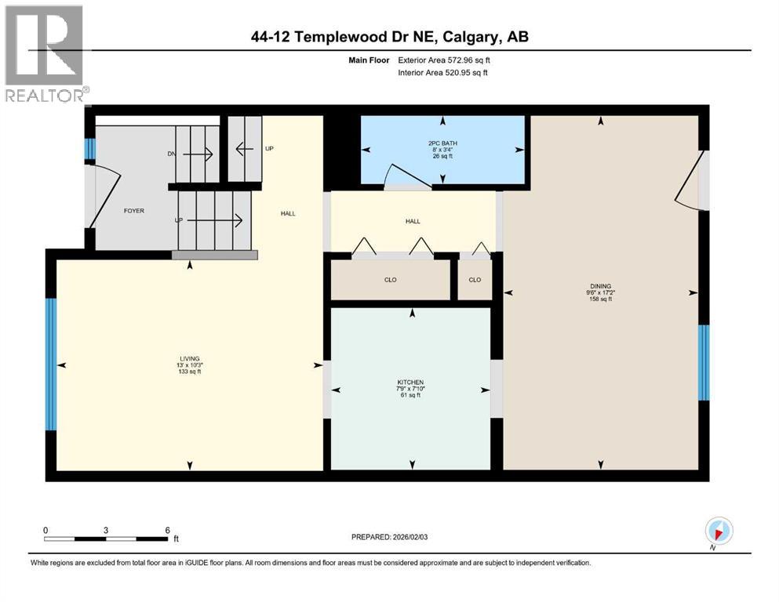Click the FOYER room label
click(133, 211)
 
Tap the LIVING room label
click(189, 358)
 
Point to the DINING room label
click(600, 286)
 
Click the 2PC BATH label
click(442, 143)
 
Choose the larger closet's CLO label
click(390, 279)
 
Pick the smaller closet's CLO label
click(475, 279)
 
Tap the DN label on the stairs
click(172, 154)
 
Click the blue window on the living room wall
click(51, 364)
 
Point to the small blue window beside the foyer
click(89, 149)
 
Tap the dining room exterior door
click(690, 182)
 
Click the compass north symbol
click(719, 530)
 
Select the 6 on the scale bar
click(167, 530)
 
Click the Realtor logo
click(45, 54)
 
